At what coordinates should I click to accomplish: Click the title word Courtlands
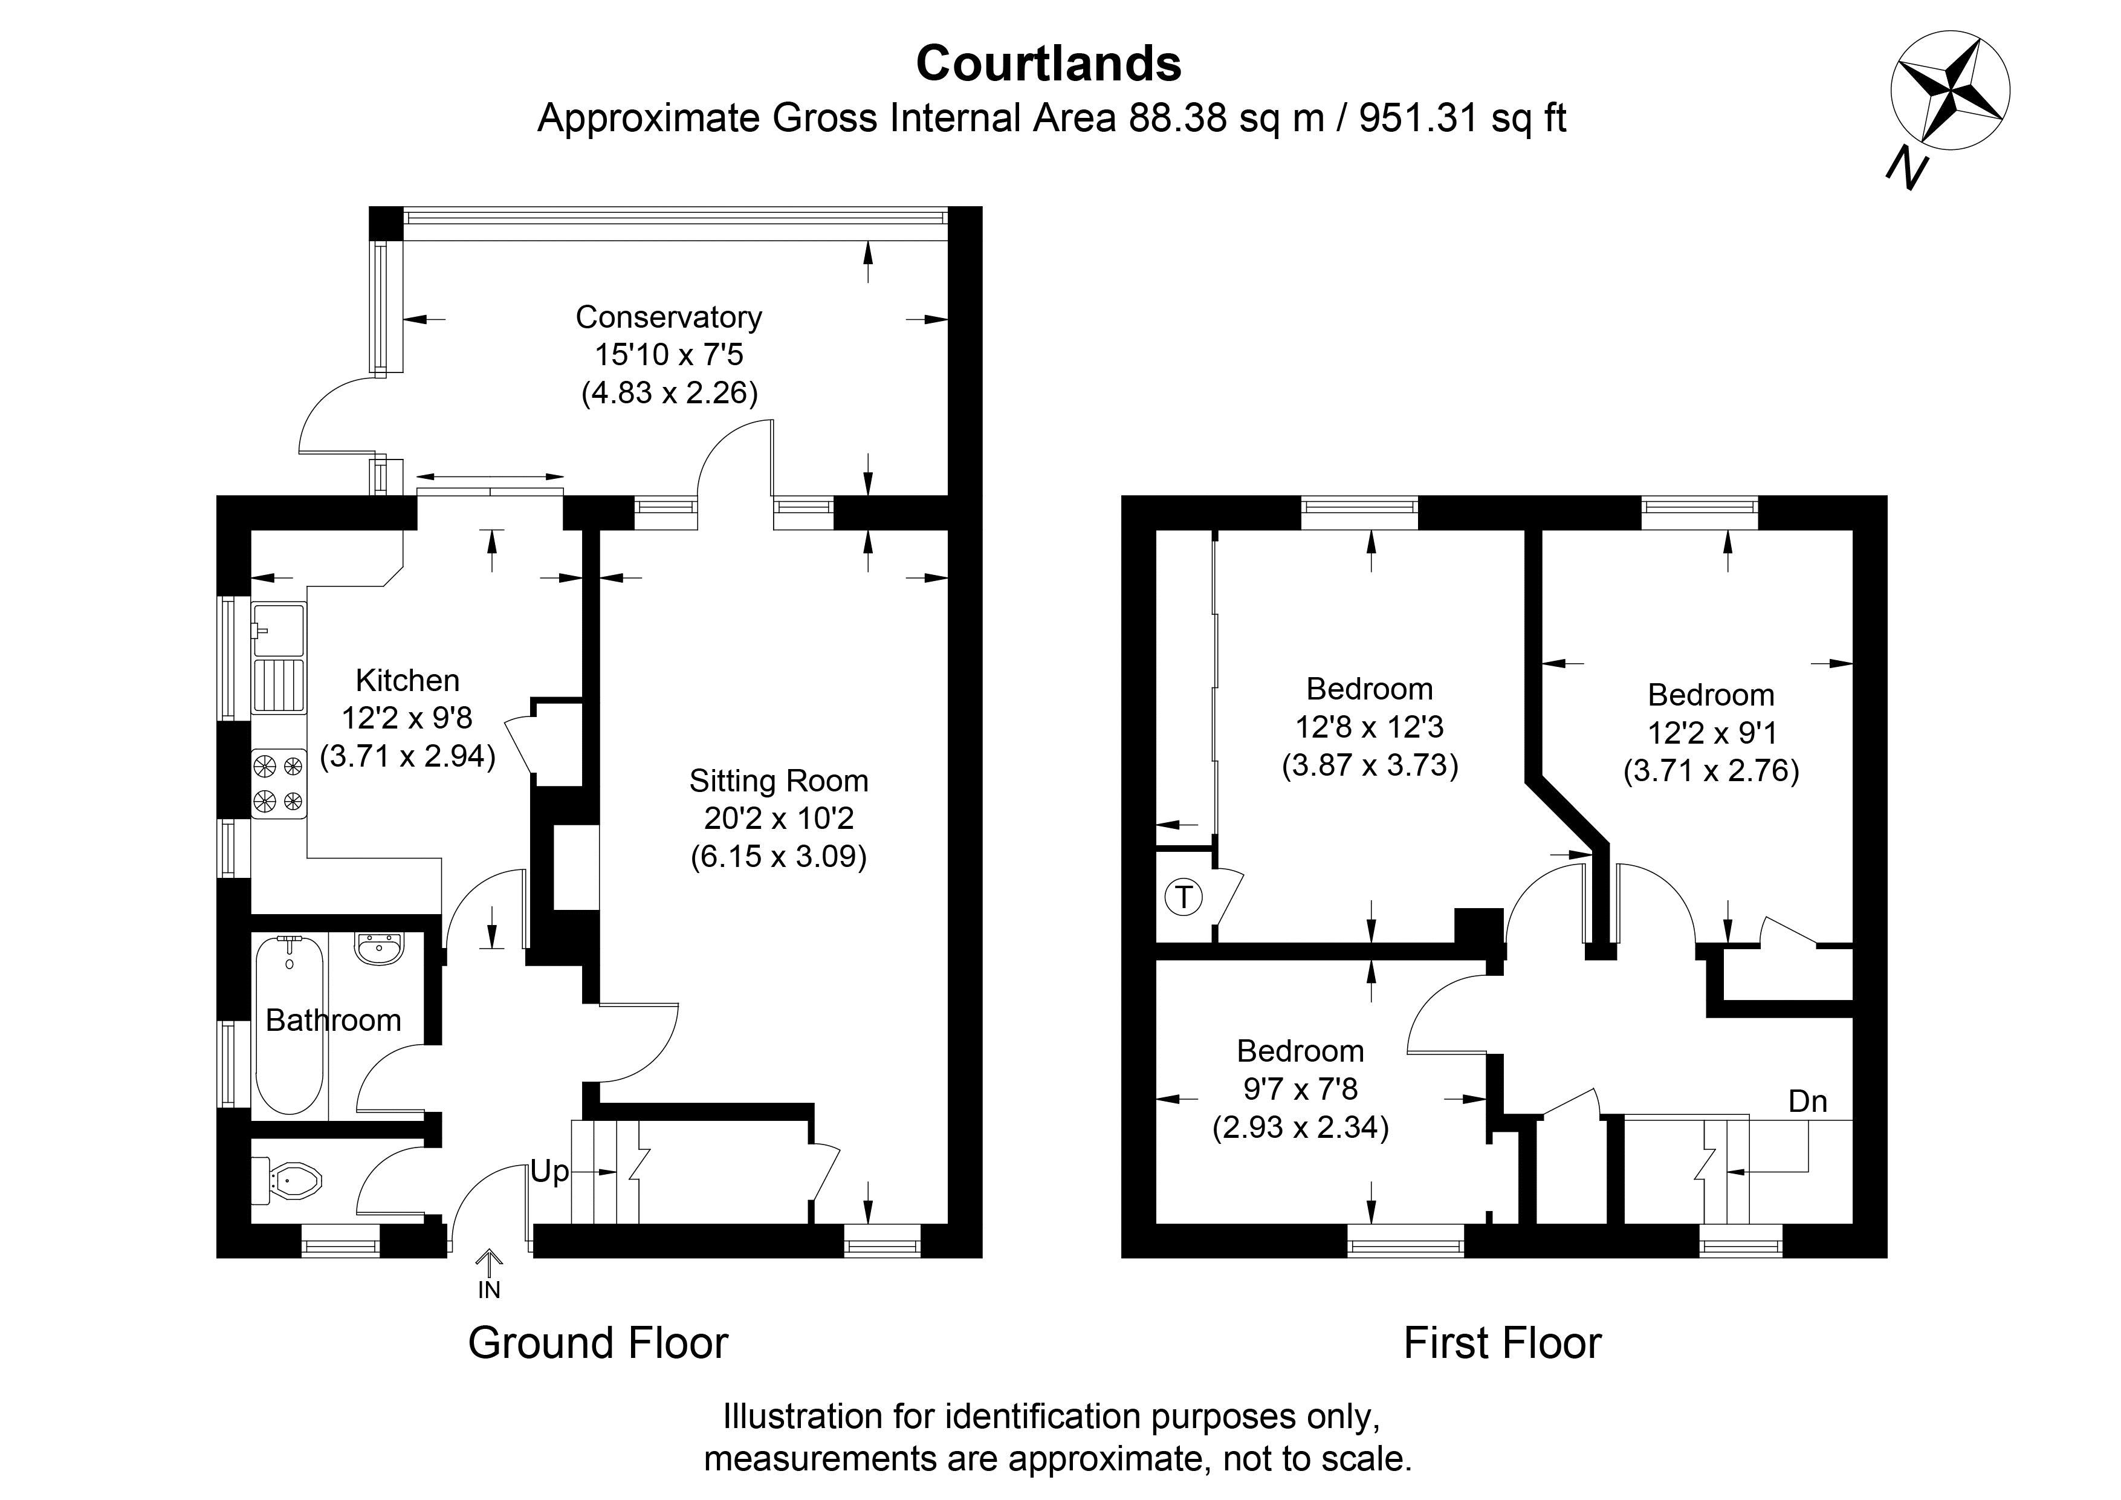[1049, 63]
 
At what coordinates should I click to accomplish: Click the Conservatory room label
[669, 317]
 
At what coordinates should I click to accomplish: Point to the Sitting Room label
[779, 781]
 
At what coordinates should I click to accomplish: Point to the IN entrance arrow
[488, 1262]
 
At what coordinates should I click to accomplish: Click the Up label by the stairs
[549, 1172]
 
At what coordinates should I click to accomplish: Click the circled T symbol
[1184, 897]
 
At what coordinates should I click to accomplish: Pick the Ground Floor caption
[598, 1343]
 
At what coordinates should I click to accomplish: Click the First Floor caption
[1502, 1343]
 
